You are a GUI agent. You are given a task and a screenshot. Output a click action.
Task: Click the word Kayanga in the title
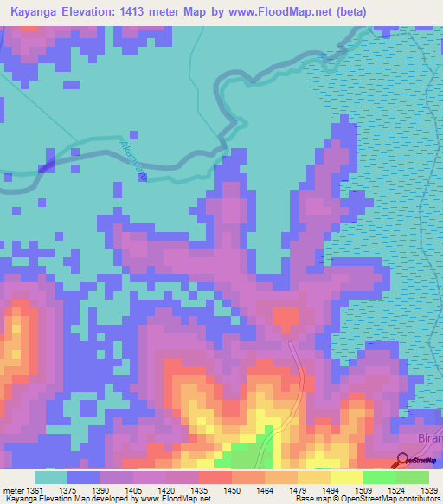pos(35,12)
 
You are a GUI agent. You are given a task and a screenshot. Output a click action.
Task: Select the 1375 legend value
pos(68,491)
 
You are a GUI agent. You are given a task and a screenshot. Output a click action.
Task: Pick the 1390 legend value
pos(101,491)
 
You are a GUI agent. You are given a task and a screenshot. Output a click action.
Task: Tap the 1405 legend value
pos(134,491)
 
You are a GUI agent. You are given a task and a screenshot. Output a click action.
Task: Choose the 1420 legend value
pos(167,491)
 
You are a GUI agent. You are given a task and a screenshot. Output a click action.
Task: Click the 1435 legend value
pos(200,491)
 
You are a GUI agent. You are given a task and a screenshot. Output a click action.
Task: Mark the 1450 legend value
pos(233,491)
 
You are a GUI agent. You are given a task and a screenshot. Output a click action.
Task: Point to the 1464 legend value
pos(266,491)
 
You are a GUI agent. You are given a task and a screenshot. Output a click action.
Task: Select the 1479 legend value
pos(299,491)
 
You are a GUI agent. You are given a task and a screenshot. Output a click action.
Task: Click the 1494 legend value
pos(331,491)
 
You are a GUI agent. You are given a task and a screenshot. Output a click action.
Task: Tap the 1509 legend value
pos(364,491)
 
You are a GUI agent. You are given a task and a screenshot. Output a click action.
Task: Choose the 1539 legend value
pos(428,491)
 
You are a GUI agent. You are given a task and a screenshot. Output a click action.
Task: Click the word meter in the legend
pos(10,491)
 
